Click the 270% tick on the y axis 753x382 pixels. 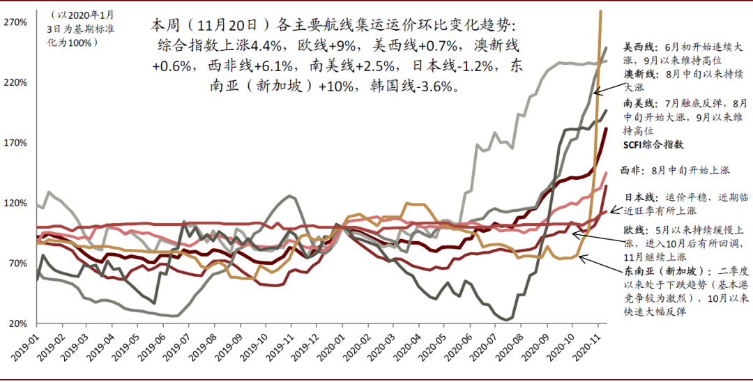(x=15, y=22)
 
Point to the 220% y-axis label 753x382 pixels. (x=15, y=82)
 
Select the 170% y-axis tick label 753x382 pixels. (x=15, y=143)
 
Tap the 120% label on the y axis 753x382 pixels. (x=15, y=204)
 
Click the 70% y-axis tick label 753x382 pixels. (x=17, y=263)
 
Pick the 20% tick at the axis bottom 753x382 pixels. (x=17, y=324)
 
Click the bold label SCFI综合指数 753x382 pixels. (x=653, y=145)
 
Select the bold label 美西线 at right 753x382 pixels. (x=637, y=47)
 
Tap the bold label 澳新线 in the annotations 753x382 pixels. (x=637, y=74)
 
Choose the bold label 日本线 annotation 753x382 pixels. (x=637, y=197)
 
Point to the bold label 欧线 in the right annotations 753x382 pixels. (x=634, y=229)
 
